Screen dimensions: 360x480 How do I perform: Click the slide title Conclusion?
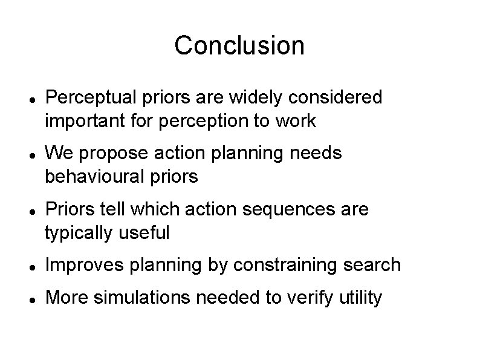coord(239,45)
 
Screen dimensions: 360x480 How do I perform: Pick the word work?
coord(296,121)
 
